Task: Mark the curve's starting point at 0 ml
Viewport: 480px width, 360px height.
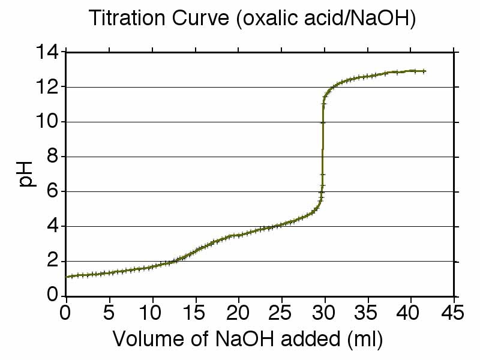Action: click(x=67, y=277)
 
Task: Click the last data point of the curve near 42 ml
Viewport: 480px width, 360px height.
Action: click(x=424, y=71)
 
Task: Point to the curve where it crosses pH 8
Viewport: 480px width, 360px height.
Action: click(x=323, y=157)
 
